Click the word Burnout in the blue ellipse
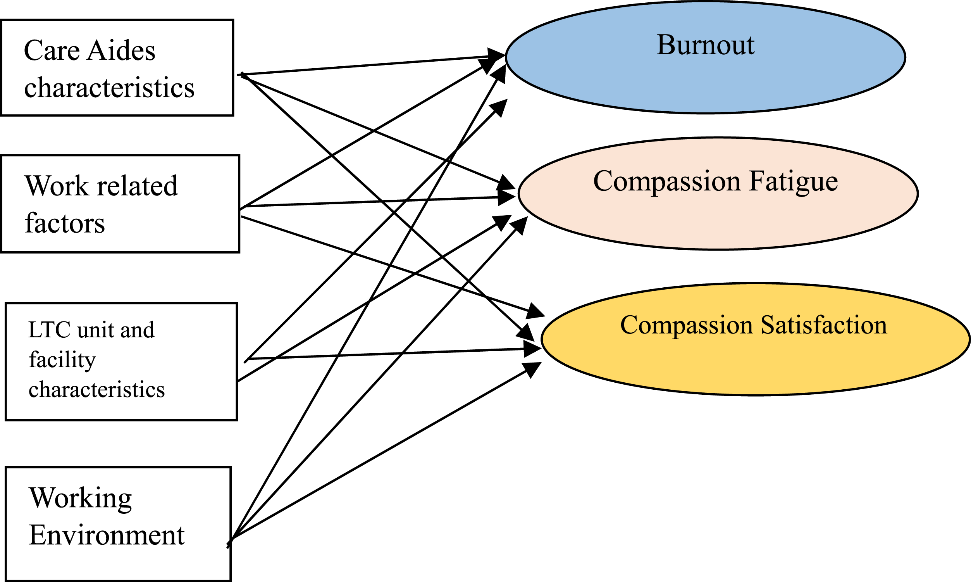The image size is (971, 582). click(705, 45)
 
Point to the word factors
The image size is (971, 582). click(65, 223)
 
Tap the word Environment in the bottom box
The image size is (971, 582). click(107, 535)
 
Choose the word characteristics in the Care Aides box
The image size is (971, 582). click(109, 87)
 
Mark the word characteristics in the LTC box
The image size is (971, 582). click(97, 390)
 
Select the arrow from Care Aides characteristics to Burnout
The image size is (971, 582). click(371, 65)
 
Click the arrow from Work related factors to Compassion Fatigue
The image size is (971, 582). click(378, 201)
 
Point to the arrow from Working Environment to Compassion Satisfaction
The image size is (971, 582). click(384, 451)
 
